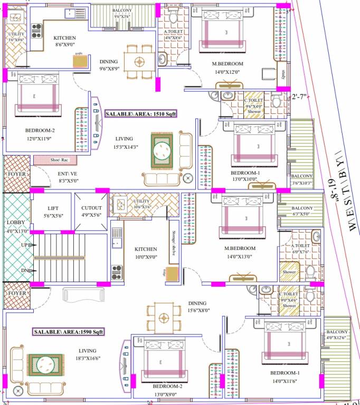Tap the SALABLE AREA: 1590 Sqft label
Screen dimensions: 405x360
(x=68, y=332)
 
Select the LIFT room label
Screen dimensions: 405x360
(x=52, y=208)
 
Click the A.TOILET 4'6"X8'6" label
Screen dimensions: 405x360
(x=173, y=35)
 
